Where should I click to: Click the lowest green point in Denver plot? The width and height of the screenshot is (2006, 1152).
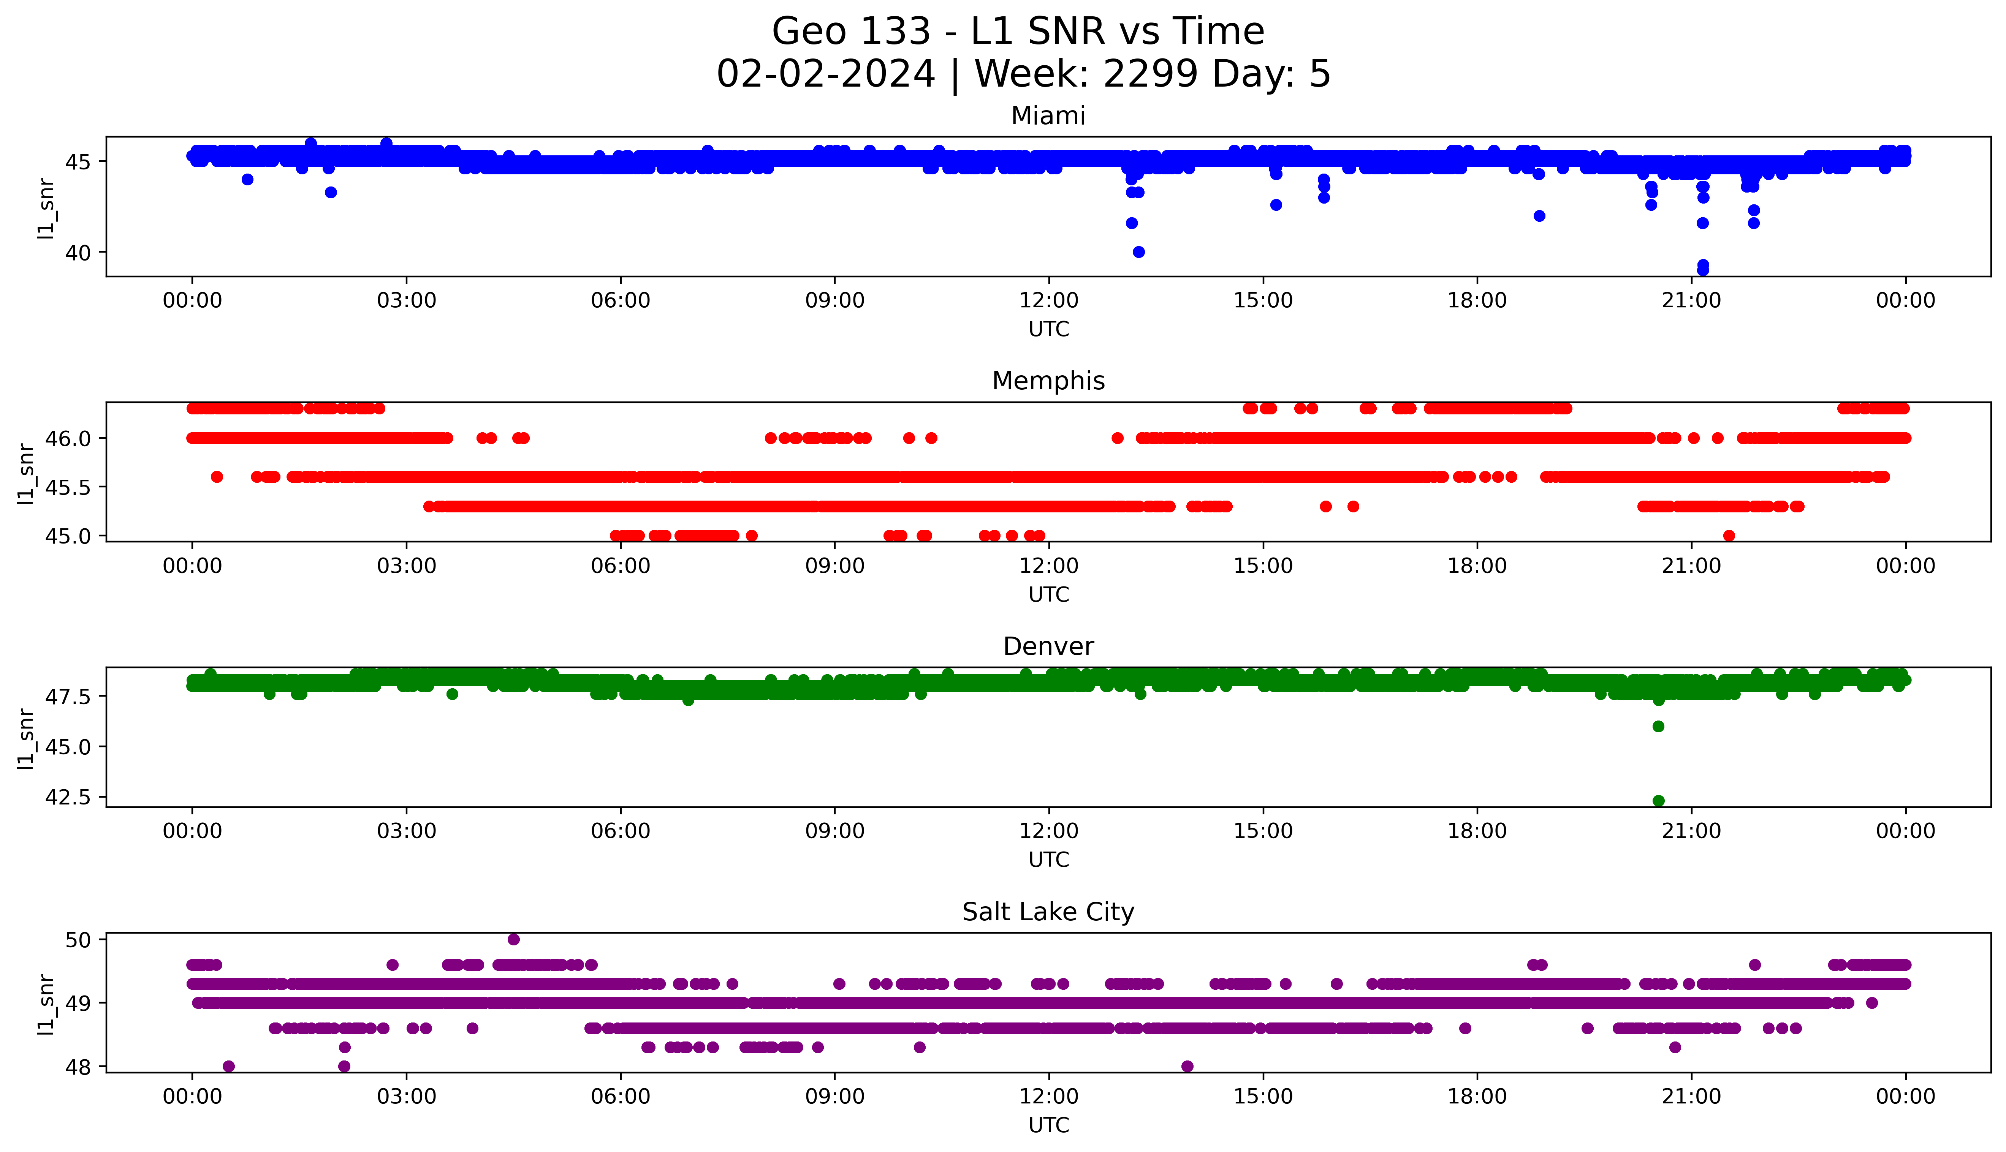pyautogui.click(x=1659, y=801)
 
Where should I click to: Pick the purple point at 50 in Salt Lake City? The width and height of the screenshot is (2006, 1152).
pyautogui.click(x=514, y=939)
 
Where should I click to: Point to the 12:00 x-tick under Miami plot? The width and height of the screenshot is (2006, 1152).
pyautogui.click(x=1048, y=301)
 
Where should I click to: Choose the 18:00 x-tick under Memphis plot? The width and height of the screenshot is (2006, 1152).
pyautogui.click(x=1477, y=566)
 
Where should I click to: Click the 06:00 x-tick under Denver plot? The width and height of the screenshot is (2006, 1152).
pyautogui.click(x=621, y=831)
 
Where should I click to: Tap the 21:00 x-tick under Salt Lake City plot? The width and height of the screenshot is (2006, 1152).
pyautogui.click(x=1692, y=1097)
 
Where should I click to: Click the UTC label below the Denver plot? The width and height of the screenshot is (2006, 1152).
pyautogui.click(x=1048, y=859)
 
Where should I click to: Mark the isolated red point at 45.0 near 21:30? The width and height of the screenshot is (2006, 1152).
pyautogui.click(x=1729, y=536)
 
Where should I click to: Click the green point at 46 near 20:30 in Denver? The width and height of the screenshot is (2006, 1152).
pyautogui.click(x=1659, y=726)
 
